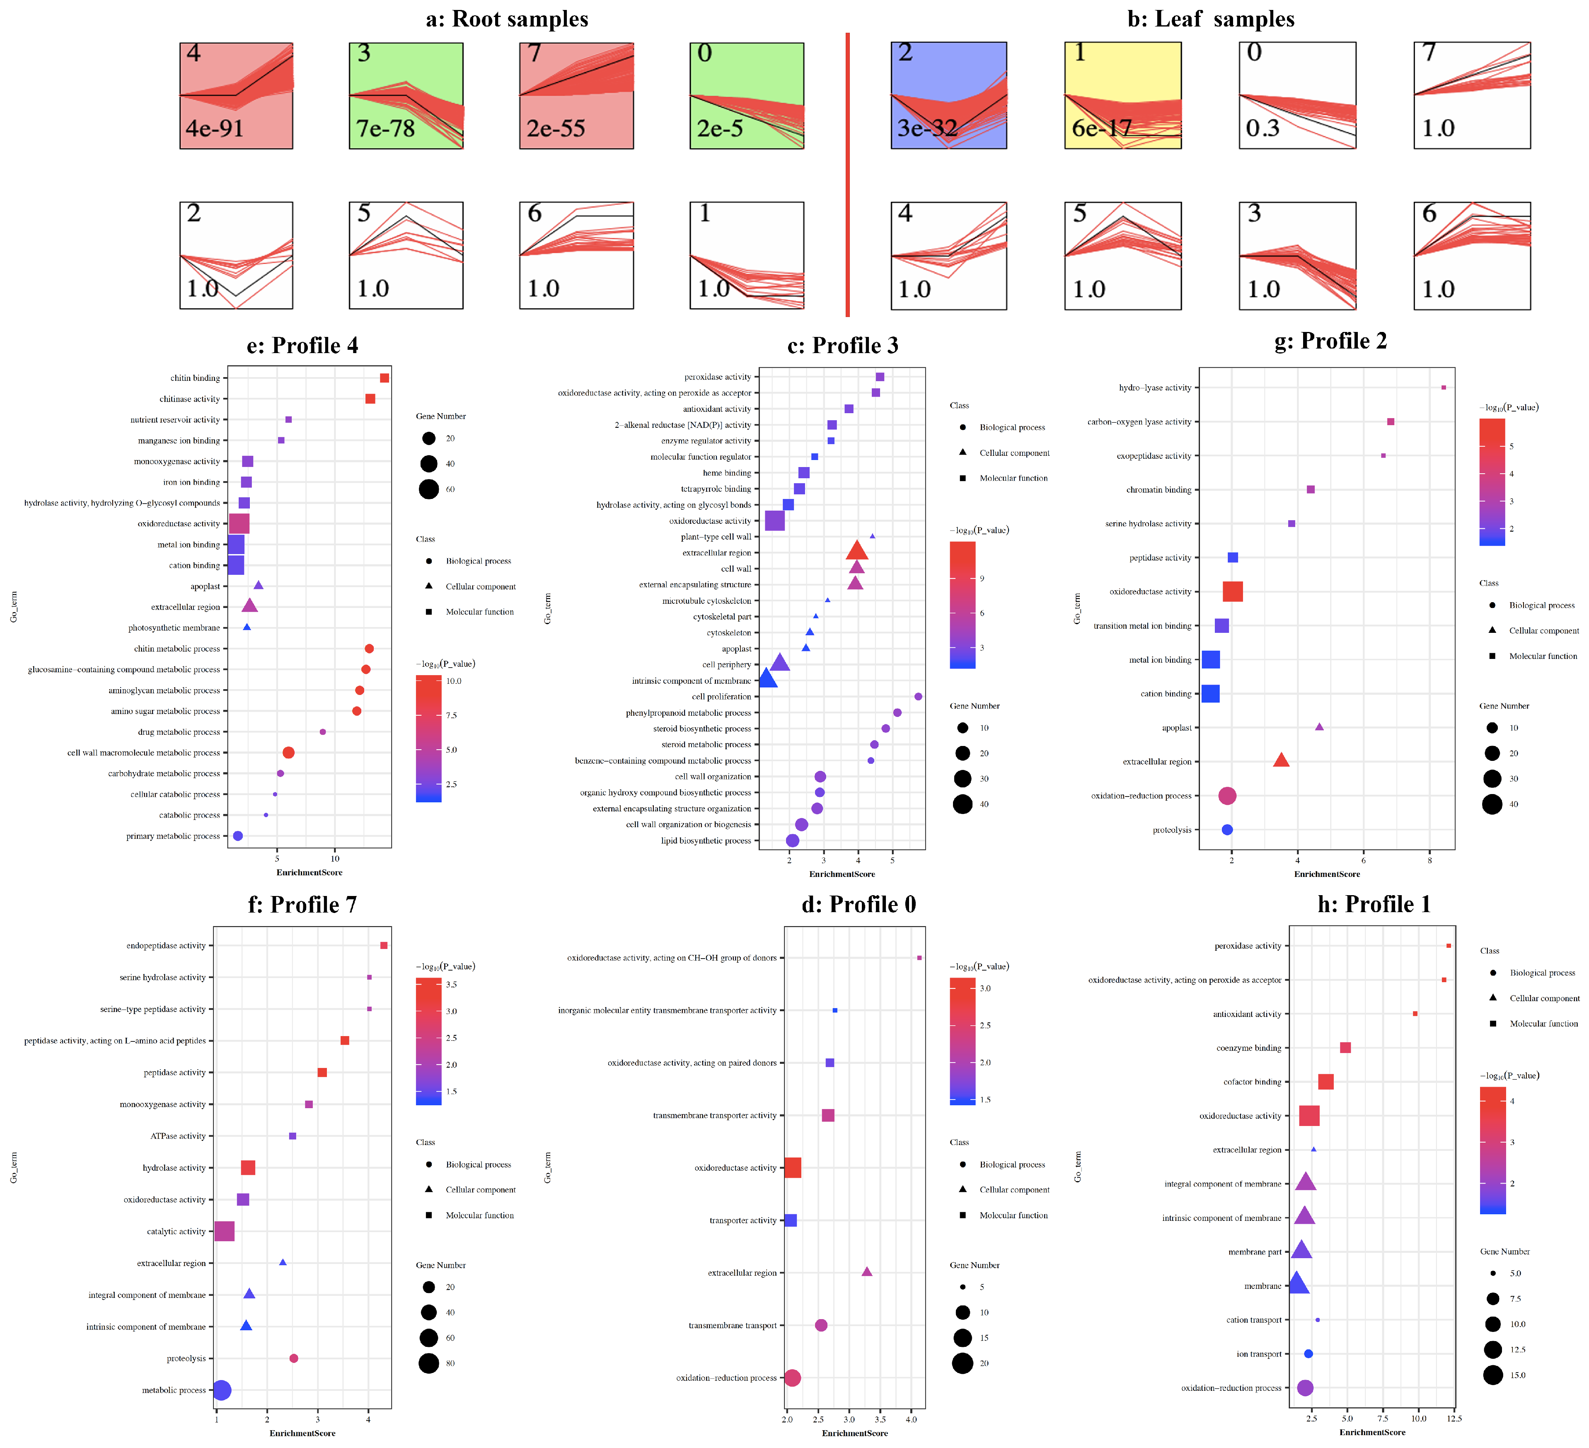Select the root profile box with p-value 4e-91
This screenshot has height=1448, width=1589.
[237, 95]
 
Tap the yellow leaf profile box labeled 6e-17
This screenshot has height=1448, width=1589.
[1122, 95]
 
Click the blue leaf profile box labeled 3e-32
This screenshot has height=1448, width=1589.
[948, 95]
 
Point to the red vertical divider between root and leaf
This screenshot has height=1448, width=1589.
[847, 173]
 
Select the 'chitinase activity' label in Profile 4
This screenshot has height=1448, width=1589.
[189, 399]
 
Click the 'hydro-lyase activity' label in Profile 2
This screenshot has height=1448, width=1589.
[1155, 388]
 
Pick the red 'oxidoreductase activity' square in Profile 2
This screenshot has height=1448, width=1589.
[1233, 592]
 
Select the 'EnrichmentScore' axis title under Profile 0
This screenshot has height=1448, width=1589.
[854, 1433]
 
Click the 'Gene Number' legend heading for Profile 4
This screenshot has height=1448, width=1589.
[440, 416]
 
